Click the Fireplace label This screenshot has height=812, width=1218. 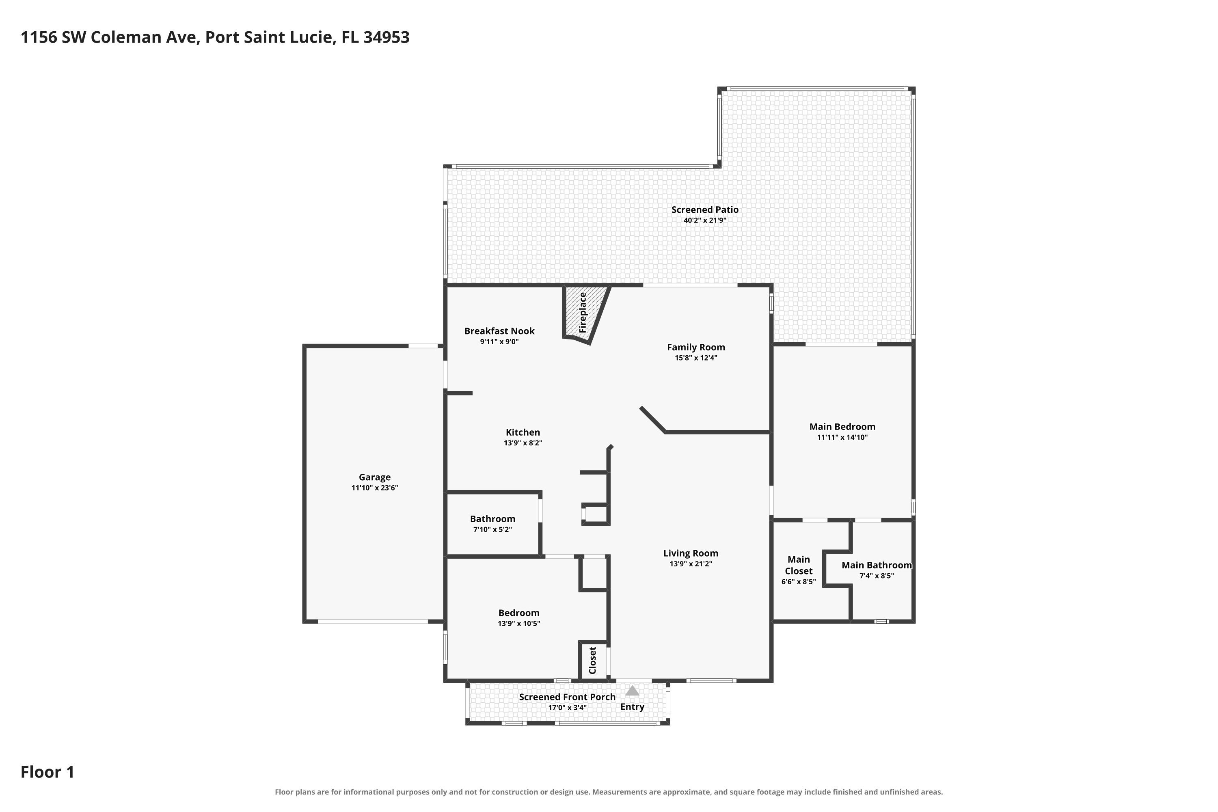tap(583, 312)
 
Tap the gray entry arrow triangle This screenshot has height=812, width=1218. tap(632, 691)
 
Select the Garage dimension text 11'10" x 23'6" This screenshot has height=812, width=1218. tap(374, 488)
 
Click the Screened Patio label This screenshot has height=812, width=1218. tap(705, 210)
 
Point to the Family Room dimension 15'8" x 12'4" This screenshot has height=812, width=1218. tap(696, 358)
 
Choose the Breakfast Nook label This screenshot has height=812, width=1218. tap(499, 331)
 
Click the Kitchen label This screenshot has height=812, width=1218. tap(523, 432)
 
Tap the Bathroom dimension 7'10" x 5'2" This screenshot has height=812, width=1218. tap(492, 529)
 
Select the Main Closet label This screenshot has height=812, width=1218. tap(799, 565)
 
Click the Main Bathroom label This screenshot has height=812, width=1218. tap(877, 565)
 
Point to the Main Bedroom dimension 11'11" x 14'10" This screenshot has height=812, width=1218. tap(842, 437)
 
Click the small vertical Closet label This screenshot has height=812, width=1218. tap(593, 660)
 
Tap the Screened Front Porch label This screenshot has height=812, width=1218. tap(567, 697)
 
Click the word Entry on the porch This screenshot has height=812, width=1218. tap(632, 707)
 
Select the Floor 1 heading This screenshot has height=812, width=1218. tap(48, 772)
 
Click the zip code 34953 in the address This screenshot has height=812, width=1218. tap(387, 37)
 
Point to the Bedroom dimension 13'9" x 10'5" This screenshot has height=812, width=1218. tap(519, 624)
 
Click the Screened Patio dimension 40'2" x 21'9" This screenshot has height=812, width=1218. tap(705, 220)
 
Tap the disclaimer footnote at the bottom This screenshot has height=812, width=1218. tap(609, 792)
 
